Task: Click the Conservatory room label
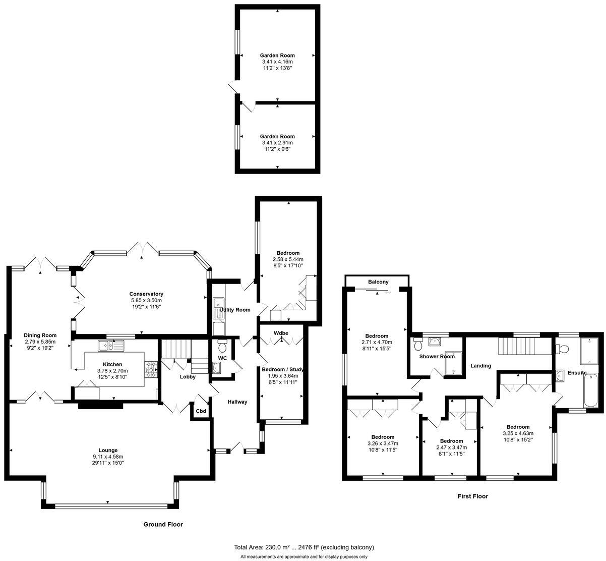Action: click(146, 294)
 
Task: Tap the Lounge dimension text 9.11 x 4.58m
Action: click(108, 457)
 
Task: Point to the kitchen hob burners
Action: click(151, 369)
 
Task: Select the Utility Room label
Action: click(235, 310)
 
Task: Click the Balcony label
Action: click(378, 282)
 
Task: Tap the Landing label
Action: click(480, 366)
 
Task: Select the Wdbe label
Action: click(281, 333)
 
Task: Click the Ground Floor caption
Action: click(163, 524)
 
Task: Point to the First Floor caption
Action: click(472, 496)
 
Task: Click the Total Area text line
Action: click(304, 547)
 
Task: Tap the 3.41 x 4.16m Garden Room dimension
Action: click(277, 62)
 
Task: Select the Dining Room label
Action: click(40, 335)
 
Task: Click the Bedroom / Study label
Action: click(282, 369)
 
